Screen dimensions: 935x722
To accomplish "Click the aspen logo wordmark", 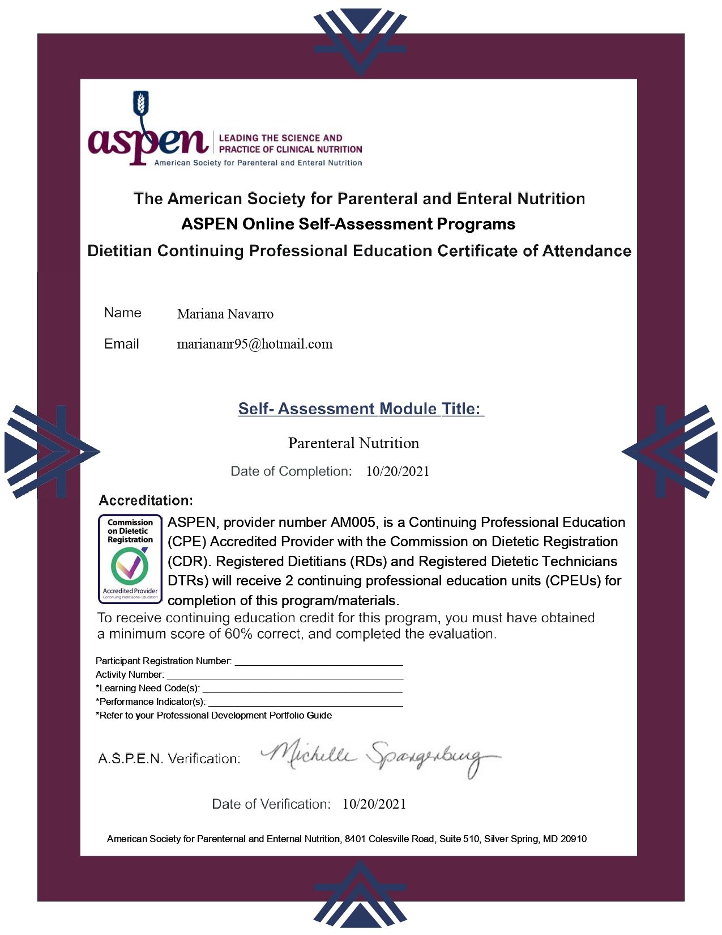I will pyautogui.click(x=148, y=142).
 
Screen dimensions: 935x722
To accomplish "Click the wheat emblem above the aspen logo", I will pyautogui.click(x=141, y=103).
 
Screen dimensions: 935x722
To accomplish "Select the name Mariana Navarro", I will pyautogui.click(x=225, y=314).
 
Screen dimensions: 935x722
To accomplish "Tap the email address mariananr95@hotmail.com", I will pyautogui.click(x=254, y=344).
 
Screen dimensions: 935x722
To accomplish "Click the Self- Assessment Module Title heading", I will pyautogui.click(x=360, y=409).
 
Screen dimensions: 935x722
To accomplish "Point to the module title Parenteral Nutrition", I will pyautogui.click(x=353, y=443).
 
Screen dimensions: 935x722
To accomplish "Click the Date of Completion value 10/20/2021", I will pyautogui.click(x=398, y=471).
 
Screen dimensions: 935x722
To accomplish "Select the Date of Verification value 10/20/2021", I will pyautogui.click(x=374, y=804).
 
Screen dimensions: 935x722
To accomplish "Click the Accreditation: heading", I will pyautogui.click(x=146, y=500).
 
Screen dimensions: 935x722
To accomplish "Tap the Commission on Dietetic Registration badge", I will pyautogui.click(x=130, y=559).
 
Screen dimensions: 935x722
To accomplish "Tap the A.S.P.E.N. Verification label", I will pyautogui.click(x=169, y=759).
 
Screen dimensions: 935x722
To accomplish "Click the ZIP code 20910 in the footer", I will pyautogui.click(x=573, y=839).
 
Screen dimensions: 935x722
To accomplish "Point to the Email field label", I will pyautogui.click(x=121, y=344).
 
